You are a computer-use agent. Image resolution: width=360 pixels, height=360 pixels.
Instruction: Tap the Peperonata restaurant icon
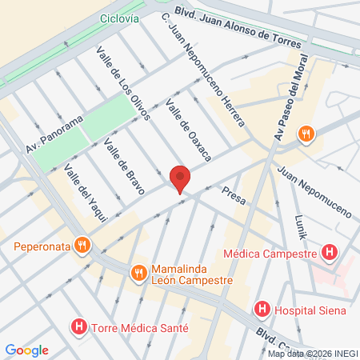tap(81, 245)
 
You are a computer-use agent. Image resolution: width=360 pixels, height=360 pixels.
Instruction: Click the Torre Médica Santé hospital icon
tap(78, 327)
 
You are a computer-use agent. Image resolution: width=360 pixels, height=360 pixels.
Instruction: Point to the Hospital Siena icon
tap(262, 310)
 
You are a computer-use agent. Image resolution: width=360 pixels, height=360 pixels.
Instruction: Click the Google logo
tap(27, 350)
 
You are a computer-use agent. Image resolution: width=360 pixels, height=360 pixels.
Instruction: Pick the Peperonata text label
tap(41, 246)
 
